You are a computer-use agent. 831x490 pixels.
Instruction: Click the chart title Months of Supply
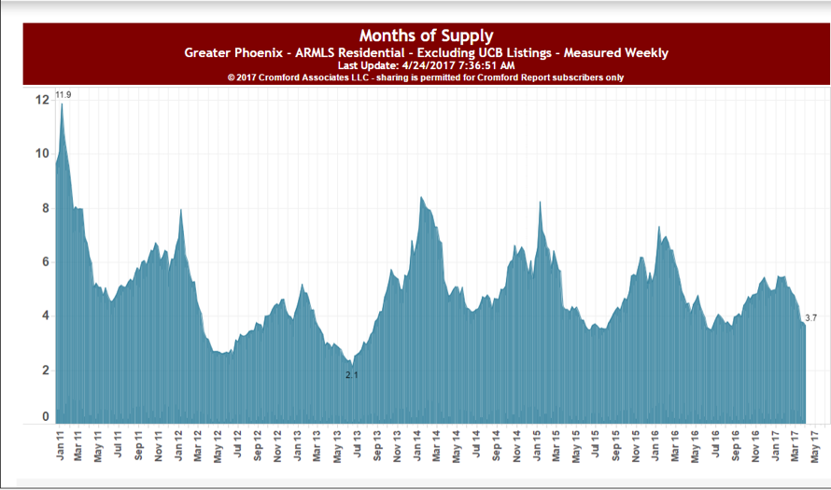(427, 36)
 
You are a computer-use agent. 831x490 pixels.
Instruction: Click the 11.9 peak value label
(64, 95)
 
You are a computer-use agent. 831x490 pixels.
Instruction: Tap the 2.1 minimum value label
(351, 375)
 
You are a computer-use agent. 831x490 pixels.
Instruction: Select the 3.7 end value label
(810, 318)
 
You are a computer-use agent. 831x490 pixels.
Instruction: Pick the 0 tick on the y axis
(44, 417)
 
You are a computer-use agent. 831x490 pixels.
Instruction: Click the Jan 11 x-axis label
(59, 446)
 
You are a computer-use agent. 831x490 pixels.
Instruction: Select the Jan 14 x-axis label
(416, 446)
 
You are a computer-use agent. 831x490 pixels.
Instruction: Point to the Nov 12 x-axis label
(277, 446)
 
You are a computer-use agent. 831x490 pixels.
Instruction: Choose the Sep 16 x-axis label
(736, 446)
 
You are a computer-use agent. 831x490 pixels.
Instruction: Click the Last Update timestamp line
(426, 66)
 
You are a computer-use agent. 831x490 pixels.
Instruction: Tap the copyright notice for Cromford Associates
(426, 78)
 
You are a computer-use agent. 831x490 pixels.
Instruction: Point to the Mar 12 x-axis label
(198, 446)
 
